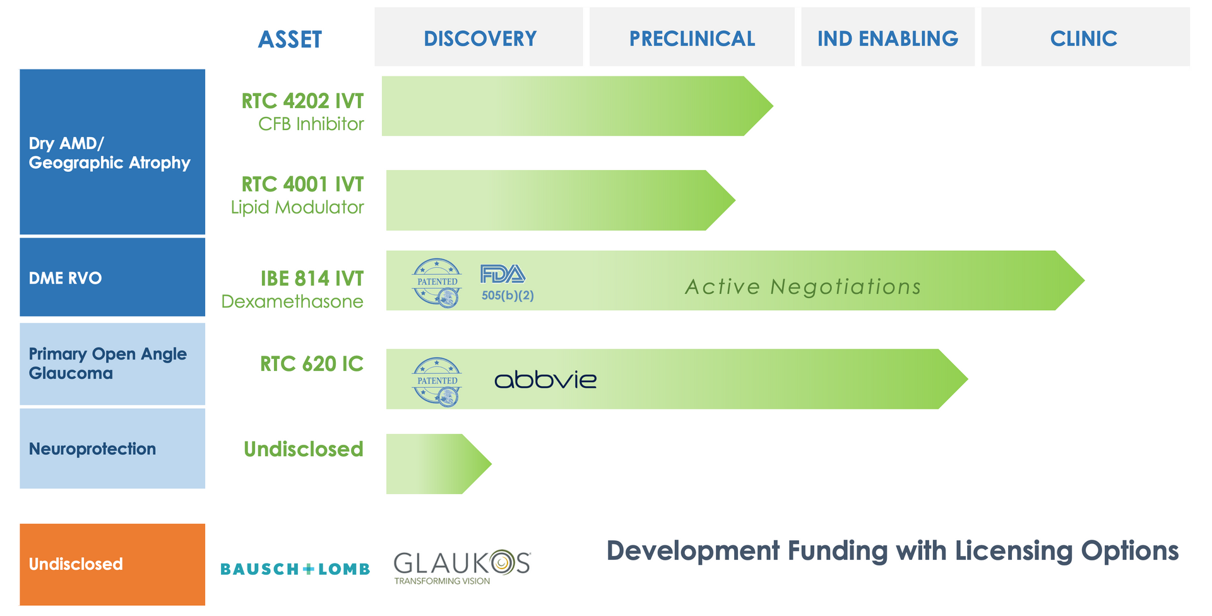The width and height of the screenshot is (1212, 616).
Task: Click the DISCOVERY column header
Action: [479, 38]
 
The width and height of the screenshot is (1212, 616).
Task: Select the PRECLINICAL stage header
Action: [692, 38]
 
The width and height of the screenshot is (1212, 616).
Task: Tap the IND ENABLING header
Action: [888, 38]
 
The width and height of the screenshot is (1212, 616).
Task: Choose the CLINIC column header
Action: [1084, 38]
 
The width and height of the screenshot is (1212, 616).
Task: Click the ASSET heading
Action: [290, 39]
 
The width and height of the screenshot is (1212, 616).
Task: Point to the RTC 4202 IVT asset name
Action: [302, 100]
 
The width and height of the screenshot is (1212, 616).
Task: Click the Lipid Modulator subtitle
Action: [297, 207]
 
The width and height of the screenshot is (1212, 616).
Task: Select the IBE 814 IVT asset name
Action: [312, 278]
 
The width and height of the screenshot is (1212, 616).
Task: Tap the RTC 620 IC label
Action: [311, 364]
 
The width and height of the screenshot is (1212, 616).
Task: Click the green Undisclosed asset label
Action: [304, 449]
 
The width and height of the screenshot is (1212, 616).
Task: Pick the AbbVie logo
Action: [545, 380]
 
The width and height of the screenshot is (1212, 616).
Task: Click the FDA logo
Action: [502, 274]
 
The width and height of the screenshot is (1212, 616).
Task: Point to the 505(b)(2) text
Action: [508, 296]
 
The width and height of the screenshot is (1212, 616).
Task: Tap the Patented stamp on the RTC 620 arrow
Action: [437, 381]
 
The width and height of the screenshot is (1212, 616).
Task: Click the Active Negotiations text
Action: [803, 287]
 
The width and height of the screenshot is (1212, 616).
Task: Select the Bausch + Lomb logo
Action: [295, 569]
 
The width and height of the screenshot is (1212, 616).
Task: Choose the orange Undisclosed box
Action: [112, 564]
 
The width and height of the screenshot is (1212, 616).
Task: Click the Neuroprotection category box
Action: [112, 449]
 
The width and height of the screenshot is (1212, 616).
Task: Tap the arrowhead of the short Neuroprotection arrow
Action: [477, 464]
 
